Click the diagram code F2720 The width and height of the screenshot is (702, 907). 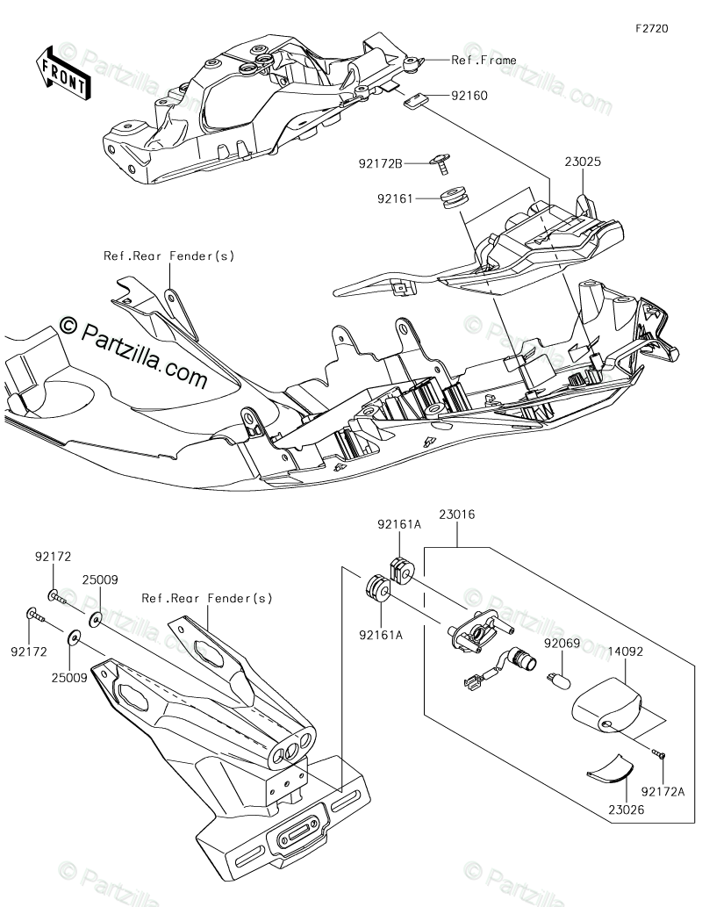click(653, 28)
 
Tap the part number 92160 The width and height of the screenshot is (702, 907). click(470, 95)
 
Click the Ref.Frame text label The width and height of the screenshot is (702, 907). click(484, 60)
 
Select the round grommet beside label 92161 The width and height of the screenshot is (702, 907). click(455, 198)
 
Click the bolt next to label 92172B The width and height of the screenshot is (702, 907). click(441, 162)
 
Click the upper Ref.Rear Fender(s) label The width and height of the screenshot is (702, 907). click(169, 256)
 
